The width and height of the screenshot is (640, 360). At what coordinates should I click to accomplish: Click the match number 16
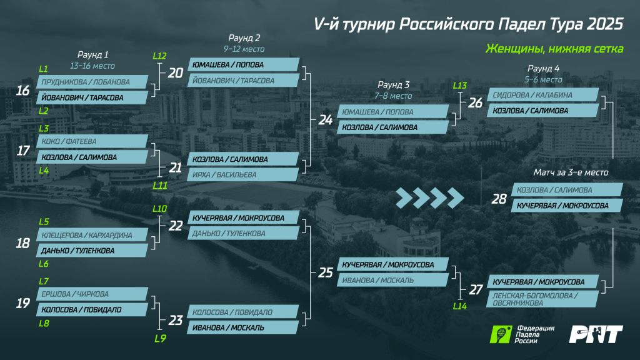(x=23, y=90)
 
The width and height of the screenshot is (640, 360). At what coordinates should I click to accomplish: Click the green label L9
(x=161, y=339)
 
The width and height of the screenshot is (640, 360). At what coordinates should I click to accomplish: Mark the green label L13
(x=459, y=85)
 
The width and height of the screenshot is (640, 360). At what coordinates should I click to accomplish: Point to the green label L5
(x=44, y=222)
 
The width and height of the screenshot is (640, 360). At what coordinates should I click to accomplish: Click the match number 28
(x=499, y=199)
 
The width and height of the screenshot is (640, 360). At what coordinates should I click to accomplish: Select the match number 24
(x=325, y=119)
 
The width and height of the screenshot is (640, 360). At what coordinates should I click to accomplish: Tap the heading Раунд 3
(x=394, y=85)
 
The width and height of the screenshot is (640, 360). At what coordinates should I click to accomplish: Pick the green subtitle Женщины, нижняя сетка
(x=554, y=49)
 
